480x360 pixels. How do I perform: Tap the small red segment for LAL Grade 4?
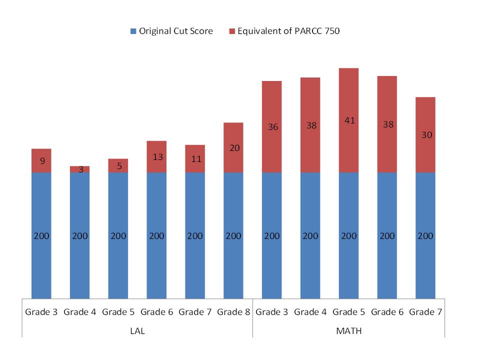(x=80, y=169)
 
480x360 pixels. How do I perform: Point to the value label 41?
(x=348, y=120)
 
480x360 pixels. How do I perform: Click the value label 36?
(x=272, y=127)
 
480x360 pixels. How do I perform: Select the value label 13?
(x=156, y=157)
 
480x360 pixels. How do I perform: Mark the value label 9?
(x=41, y=161)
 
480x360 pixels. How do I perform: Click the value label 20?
(x=233, y=147)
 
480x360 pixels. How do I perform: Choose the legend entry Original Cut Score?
(x=171, y=31)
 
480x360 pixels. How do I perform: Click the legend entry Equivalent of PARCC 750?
(x=284, y=31)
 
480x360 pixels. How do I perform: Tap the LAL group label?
(x=137, y=331)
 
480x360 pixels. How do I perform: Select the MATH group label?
(x=348, y=331)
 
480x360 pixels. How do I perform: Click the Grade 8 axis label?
(x=233, y=312)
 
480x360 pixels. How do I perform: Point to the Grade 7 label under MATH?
(x=425, y=312)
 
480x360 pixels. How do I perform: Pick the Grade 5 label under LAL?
(x=118, y=312)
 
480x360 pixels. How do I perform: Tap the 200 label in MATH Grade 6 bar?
(x=387, y=236)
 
